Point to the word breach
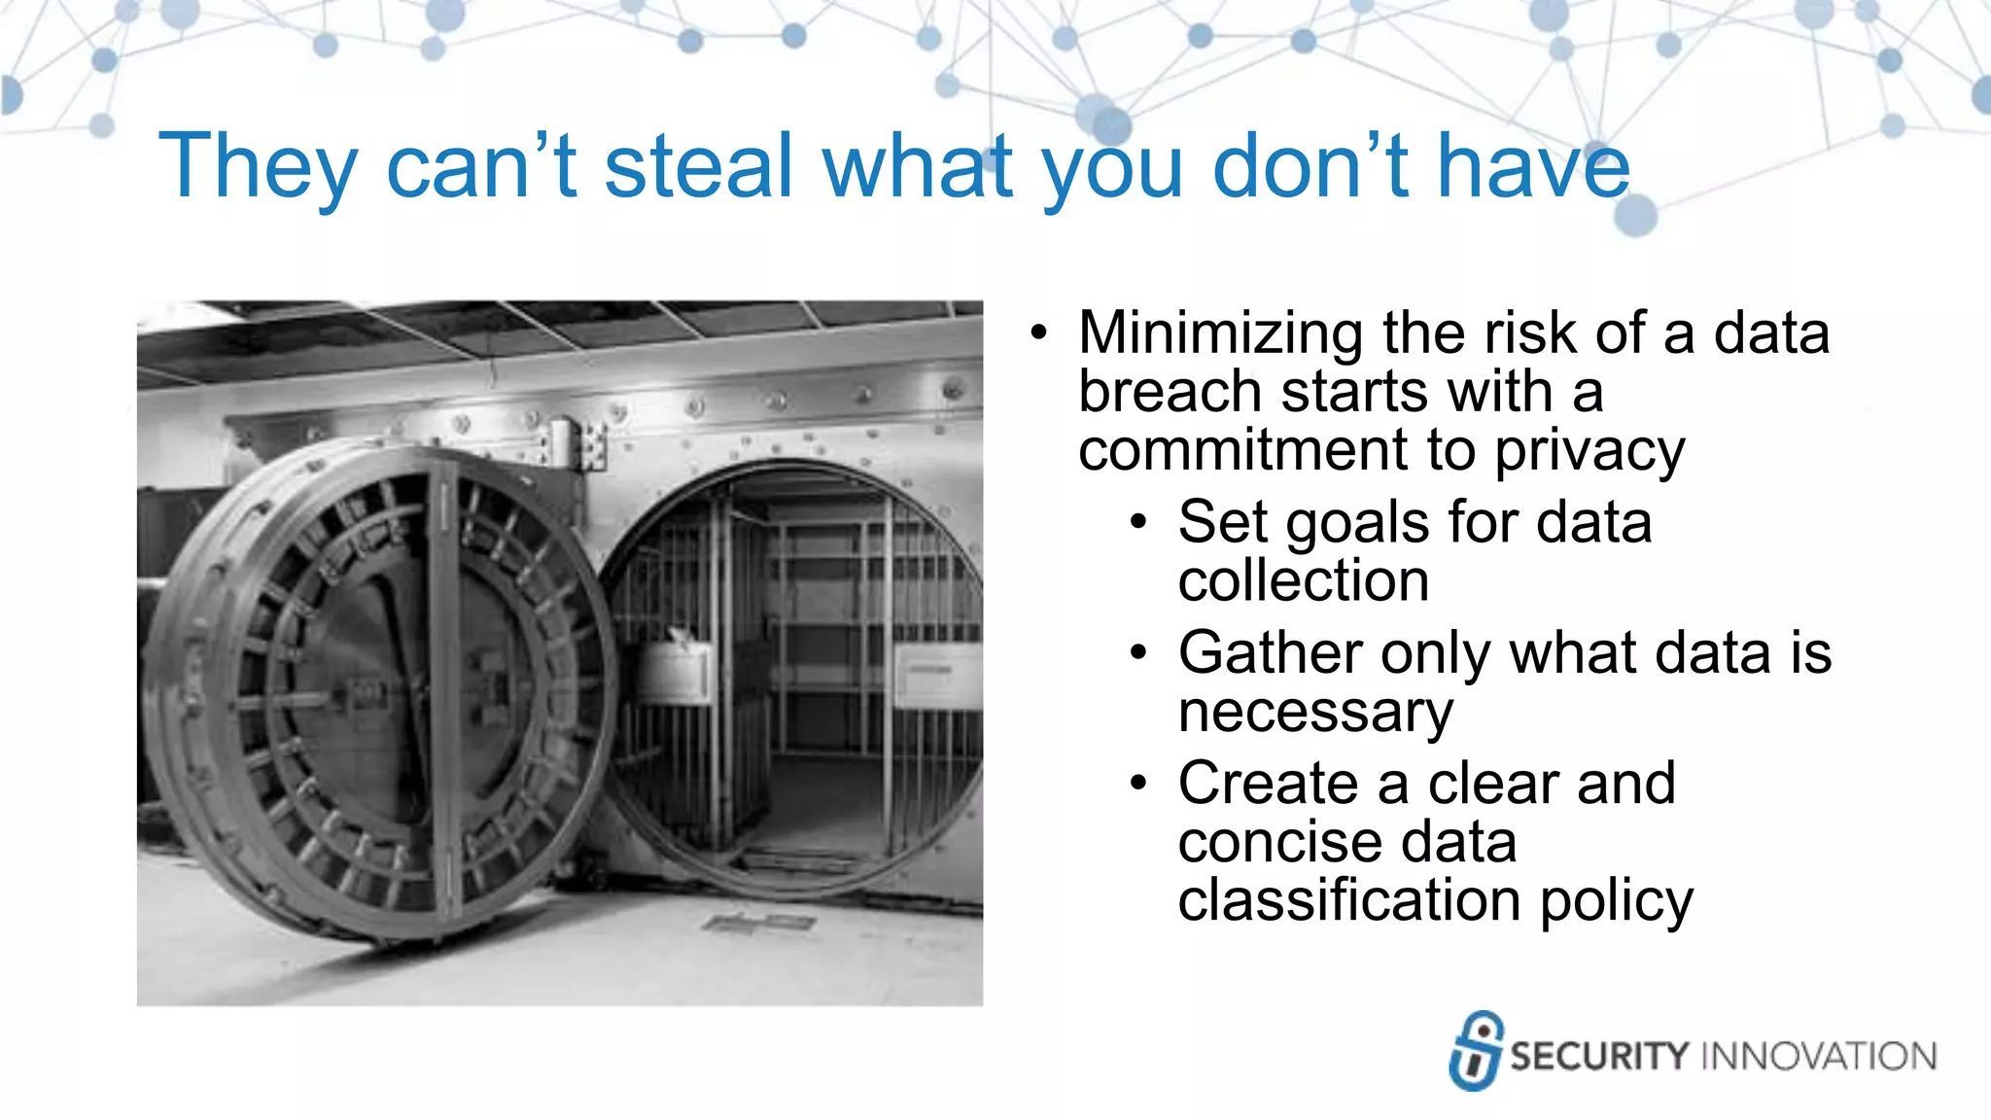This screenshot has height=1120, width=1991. pos(1170,393)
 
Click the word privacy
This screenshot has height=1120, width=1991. pos(1589,452)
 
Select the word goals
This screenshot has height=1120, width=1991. pos(1358,525)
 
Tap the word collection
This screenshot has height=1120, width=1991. pos(1304,581)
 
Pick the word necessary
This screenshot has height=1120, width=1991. pos(1315,713)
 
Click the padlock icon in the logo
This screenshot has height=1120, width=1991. pos(1476,1051)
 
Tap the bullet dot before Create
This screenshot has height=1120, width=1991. pos(1139,784)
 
